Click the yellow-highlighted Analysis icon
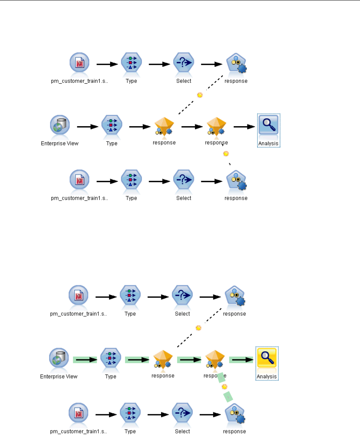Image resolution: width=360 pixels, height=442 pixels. (x=267, y=358)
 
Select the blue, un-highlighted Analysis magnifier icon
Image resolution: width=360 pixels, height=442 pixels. (x=269, y=125)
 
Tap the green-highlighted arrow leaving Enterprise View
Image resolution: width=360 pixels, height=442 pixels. (x=85, y=360)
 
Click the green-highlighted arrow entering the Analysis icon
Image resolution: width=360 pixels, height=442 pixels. (x=241, y=360)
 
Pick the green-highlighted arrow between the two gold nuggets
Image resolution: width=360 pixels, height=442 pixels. (x=189, y=360)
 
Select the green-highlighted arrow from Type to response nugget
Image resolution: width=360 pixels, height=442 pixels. (x=137, y=360)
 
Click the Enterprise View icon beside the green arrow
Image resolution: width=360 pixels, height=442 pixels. (x=59, y=358)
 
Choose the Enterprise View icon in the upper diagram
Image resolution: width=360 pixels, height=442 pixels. (x=60, y=125)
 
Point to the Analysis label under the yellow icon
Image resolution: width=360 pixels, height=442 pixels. (x=267, y=376)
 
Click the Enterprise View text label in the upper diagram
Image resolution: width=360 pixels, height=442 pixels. (x=59, y=143)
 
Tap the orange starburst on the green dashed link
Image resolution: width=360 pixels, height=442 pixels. (x=224, y=387)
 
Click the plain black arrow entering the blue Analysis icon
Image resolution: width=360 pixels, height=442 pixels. (x=244, y=127)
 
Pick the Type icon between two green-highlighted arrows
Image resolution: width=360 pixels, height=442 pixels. (x=111, y=358)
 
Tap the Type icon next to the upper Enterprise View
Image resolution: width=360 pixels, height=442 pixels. (x=112, y=125)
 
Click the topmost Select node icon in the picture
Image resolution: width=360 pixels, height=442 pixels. (x=184, y=62)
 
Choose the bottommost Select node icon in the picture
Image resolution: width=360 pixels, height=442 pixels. (x=183, y=413)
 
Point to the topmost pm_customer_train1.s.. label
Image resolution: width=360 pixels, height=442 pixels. (x=79, y=81)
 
